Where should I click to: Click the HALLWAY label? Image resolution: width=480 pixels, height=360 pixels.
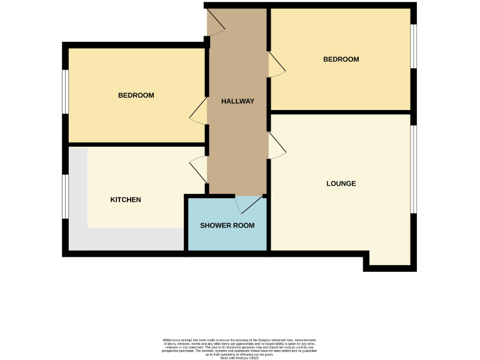(x=237, y=101)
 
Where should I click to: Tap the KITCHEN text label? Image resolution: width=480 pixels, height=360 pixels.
(x=126, y=200)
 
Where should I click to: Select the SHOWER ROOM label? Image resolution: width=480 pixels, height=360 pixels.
(x=227, y=225)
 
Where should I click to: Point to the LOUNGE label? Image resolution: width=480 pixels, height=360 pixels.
(x=341, y=184)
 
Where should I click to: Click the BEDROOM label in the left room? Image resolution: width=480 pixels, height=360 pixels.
(x=136, y=96)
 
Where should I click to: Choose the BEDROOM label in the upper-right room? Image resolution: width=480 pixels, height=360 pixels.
(x=341, y=59)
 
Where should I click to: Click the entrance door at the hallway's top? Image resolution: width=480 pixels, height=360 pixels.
(x=216, y=23)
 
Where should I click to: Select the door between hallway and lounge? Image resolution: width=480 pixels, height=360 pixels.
(x=277, y=146)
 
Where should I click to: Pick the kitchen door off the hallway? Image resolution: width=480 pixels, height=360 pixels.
(x=199, y=169)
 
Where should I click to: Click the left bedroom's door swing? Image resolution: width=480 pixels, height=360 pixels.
(x=199, y=111)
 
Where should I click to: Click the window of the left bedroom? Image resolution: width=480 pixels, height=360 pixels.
(x=66, y=91)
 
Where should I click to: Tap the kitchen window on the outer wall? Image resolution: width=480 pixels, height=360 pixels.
(x=66, y=196)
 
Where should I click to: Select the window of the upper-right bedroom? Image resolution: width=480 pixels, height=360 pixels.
(x=413, y=46)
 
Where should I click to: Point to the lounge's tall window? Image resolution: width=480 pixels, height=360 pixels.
(x=413, y=169)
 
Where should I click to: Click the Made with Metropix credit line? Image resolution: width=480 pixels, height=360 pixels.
(x=239, y=357)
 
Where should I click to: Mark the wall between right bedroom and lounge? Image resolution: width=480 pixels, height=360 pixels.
(x=341, y=112)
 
